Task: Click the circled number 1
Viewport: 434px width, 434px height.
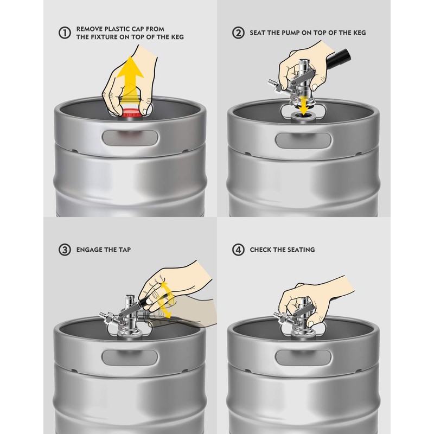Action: point(65,33)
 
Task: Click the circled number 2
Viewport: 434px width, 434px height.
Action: point(238,33)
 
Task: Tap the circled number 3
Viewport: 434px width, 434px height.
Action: point(65,250)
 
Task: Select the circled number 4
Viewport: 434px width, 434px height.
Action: point(238,250)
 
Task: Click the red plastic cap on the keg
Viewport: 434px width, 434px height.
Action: point(131,113)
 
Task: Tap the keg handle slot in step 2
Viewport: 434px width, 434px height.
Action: point(304,140)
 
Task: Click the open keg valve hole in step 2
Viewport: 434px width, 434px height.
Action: point(304,114)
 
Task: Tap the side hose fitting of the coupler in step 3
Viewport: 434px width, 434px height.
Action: point(104,316)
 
